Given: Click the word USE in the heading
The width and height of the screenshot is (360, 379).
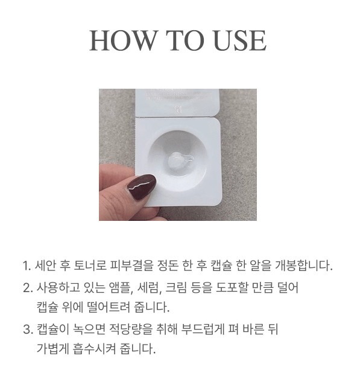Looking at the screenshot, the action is (x=240, y=40).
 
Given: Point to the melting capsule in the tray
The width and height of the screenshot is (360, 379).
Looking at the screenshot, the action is (x=180, y=160).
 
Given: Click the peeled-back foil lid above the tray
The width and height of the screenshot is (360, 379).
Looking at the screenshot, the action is (x=177, y=103).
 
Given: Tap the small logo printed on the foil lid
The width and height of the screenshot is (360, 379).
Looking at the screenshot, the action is (x=178, y=109).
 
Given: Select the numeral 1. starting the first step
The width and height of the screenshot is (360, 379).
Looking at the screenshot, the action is (x=27, y=266).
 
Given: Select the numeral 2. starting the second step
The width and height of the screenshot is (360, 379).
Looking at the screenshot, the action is (x=28, y=288).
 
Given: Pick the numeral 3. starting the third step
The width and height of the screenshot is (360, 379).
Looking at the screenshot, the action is (x=28, y=329).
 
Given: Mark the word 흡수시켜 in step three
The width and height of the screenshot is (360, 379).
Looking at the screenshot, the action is (x=94, y=349).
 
